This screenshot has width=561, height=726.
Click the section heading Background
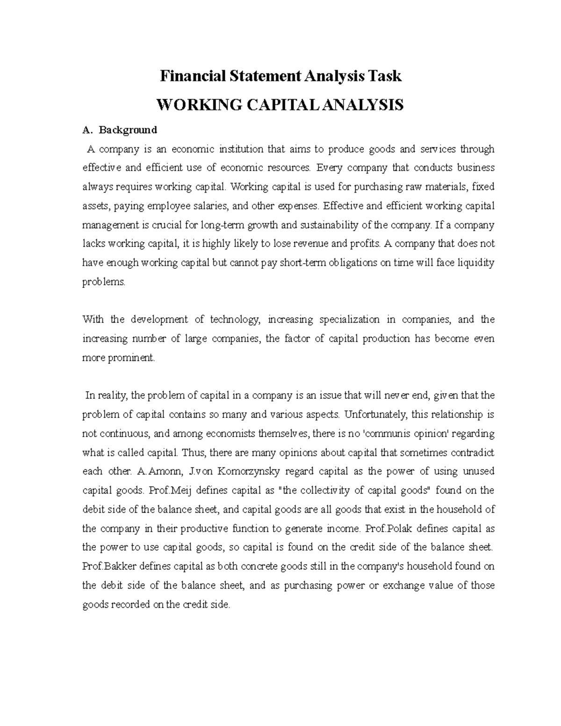[x=128, y=129]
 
